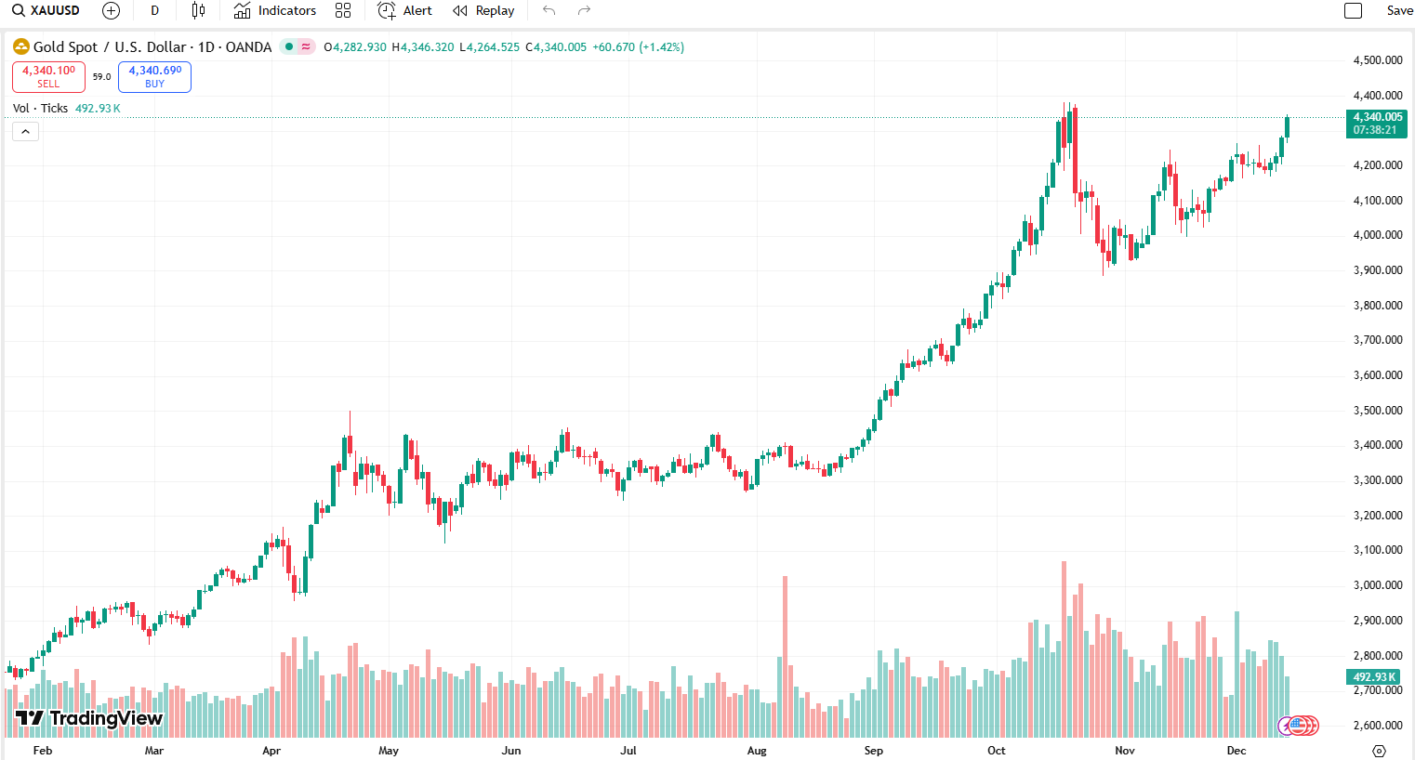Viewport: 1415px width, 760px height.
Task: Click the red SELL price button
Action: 48,76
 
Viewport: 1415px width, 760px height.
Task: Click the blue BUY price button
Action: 154,76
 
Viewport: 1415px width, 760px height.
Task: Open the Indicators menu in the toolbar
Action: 275,11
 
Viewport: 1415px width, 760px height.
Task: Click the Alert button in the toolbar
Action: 405,11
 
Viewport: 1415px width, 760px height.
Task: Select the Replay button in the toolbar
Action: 483,11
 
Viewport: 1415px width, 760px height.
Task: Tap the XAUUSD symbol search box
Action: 46,11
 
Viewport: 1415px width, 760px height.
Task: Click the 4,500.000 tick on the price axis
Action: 1378,60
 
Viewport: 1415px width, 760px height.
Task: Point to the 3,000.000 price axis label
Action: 1378,585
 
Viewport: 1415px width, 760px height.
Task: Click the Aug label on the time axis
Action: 757,751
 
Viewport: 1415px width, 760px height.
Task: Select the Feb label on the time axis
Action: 43,751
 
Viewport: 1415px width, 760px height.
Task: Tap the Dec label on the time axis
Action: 1236,751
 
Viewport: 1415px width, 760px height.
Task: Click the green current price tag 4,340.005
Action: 1377,123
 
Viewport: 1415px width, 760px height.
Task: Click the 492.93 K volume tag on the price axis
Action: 1376,677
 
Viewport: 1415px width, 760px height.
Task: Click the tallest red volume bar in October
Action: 1064,650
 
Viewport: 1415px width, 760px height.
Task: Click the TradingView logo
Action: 89,718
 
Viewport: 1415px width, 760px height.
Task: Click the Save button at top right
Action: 1398,11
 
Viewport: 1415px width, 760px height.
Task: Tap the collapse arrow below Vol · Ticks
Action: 25,132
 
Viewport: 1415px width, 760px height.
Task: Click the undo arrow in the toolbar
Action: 549,11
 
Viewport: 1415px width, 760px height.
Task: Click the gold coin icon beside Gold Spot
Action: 20,46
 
